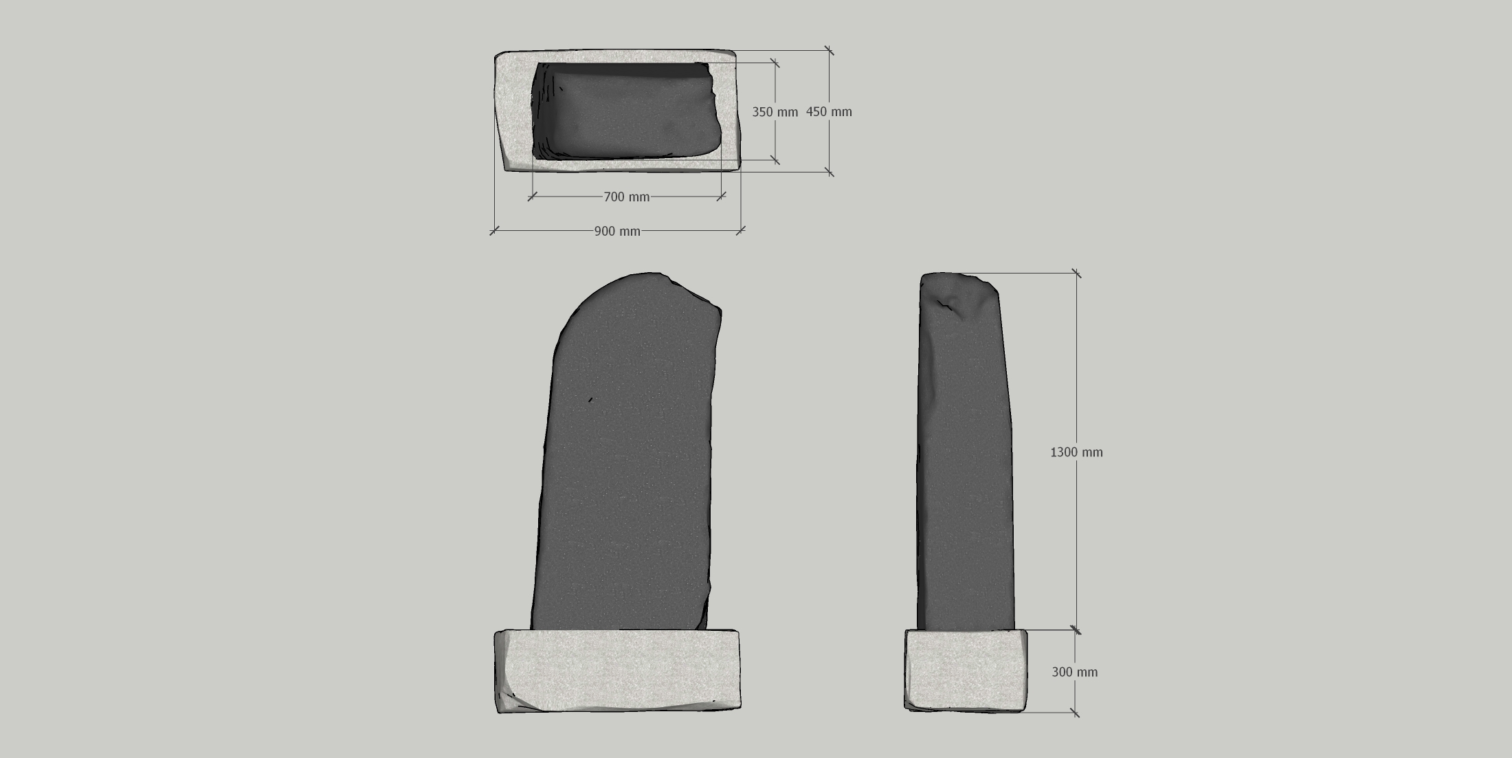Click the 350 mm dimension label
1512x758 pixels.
[x=775, y=112]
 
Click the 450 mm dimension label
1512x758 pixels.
[x=829, y=112]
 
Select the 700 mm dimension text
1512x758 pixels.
[x=627, y=197]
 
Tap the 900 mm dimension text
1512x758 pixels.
[x=617, y=232]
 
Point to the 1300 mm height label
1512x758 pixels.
[x=1076, y=452]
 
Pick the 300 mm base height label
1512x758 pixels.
[x=1075, y=672]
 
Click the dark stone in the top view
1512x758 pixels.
[x=625, y=112]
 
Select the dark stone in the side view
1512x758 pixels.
[x=965, y=452]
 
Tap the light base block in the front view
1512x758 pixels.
[x=618, y=671]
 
